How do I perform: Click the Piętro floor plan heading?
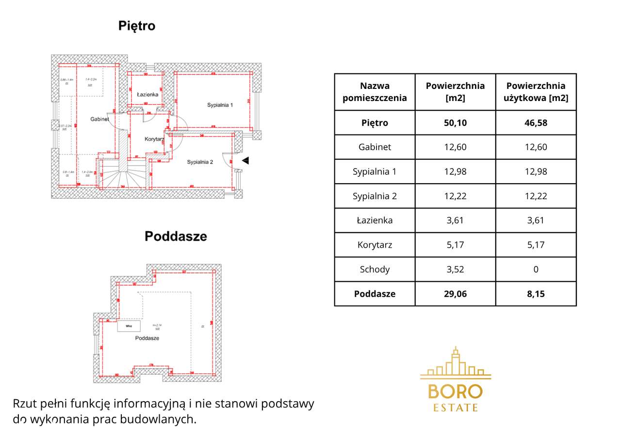click(x=137, y=26)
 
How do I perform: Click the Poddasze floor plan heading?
click(x=176, y=237)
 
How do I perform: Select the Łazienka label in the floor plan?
click(x=147, y=95)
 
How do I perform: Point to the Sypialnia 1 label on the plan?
click(x=220, y=105)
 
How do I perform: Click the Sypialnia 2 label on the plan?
click(x=200, y=162)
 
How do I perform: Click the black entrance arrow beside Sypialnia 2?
click(x=245, y=160)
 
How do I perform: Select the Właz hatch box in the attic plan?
click(x=129, y=326)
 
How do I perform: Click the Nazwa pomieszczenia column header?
click(x=375, y=92)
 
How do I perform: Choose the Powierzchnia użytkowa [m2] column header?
click(x=536, y=92)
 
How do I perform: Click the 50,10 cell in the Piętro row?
click(x=455, y=123)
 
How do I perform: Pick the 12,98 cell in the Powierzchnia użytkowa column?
click(x=536, y=171)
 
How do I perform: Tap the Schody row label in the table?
click(x=375, y=269)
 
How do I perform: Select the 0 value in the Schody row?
click(x=536, y=269)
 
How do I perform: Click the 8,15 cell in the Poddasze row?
click(x=536, y=294)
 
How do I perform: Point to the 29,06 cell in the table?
click(x=455, y=294)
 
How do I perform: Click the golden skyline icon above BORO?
click(x=456, y=363)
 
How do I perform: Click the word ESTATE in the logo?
click(x=456, y=407)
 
